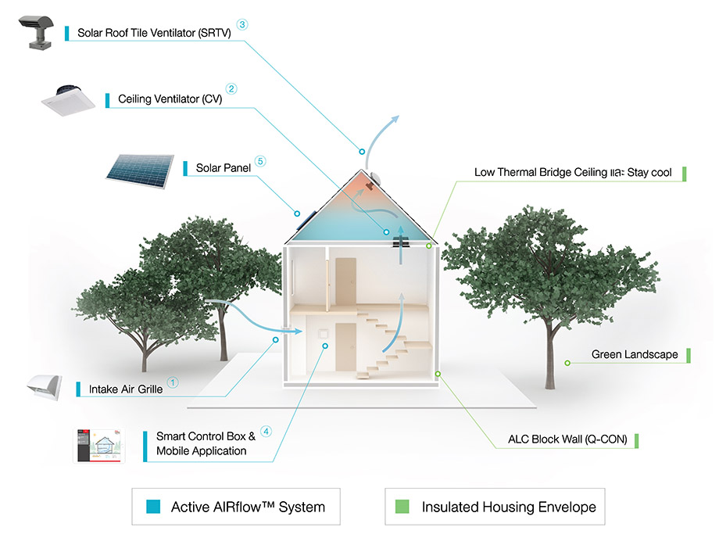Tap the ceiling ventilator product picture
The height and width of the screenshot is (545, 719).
click(70, 99)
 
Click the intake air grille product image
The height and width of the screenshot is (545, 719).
click(46, 386)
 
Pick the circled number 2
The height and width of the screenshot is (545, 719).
click(231, 89)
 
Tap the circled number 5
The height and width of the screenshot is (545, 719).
click(260, 161)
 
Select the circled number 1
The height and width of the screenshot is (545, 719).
click(173, 382)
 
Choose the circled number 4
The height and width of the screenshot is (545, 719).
click(266, 431)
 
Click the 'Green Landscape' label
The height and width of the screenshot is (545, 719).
click(634, 354)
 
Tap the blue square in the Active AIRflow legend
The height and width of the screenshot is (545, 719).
click(153, 507)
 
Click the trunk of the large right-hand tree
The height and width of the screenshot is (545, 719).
click(553, 344)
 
